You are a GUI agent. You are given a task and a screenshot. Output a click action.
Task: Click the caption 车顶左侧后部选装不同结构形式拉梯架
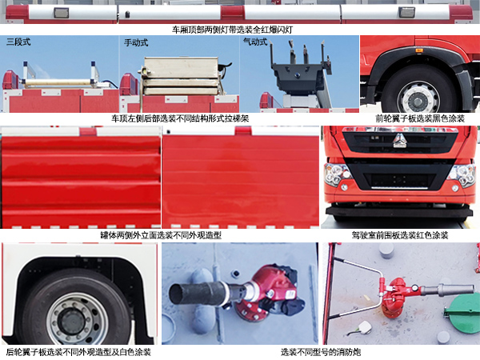coord(179,118)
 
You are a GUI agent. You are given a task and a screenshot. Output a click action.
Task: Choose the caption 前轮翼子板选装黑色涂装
coord(418,118)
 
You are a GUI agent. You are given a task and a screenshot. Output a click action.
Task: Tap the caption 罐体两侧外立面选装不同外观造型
coord(160,235)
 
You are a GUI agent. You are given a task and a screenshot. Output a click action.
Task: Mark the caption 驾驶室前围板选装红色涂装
coord(399,235)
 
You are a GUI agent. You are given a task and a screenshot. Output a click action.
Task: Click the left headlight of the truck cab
coord(336,174)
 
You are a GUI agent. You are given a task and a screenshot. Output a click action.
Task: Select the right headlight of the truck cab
coord(465,174)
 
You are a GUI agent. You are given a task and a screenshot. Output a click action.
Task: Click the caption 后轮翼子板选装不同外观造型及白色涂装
coord(78,351)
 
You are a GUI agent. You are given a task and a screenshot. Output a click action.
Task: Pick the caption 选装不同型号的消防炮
coord(320,351)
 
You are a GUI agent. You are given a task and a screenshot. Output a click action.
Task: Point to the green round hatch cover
coord(462,310)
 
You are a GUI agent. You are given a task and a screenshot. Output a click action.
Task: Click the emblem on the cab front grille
coord(400,143)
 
